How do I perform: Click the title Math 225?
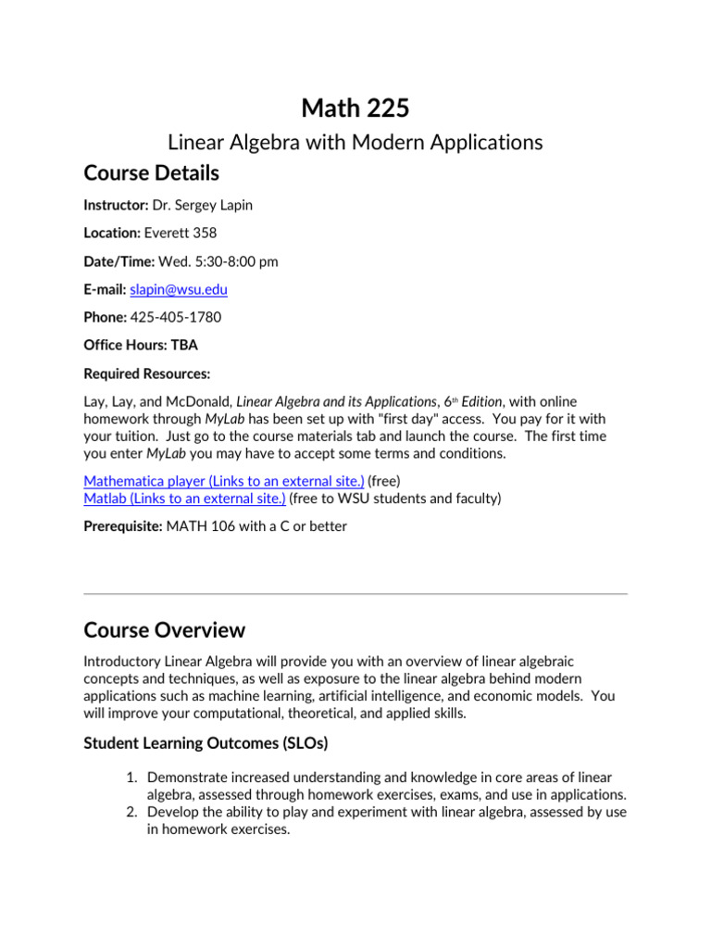pyautogui.click(x=355, y=108)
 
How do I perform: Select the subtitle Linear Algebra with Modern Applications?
pyautogui.click(x=355, y=143)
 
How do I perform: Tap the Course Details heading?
pyautogui.click(x=151, y=173)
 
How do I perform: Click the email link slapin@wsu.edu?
pyautogui.click(x=179, y=290)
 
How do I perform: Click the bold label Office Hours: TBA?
pyautogui.click(x=141, y=346)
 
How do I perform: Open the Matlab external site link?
pyautogui.click(x=184, y=499)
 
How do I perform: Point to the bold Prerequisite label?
pyautogui.click(x=121, y=526)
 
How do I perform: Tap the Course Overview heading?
pyautogui.click(x=164, y=630)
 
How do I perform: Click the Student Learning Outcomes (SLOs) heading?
pyautogui.click(x=206, y=743)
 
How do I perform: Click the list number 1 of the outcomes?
pyautogui.click(x=133, y=777)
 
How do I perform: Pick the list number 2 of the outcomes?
pyautogui.click(x=133, y=812)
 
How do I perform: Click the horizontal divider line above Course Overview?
pyautogui.click(x=355, y=594)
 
